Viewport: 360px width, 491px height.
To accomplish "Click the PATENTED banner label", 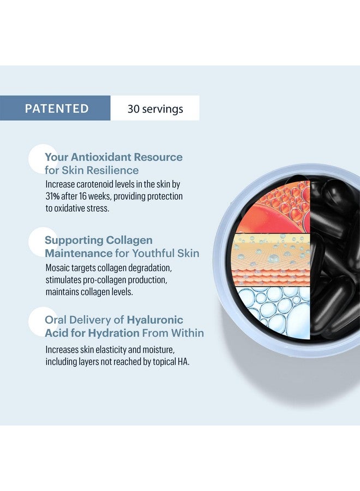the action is (57, 109).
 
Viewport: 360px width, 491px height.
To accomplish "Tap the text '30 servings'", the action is (155, 109).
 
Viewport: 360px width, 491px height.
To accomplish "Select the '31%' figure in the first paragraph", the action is (52, 196).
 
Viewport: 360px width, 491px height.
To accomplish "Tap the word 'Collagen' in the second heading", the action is (129, 240).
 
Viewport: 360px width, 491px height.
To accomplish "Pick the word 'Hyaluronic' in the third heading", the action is (155, 320).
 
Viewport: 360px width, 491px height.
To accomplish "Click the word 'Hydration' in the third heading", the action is (113, 333).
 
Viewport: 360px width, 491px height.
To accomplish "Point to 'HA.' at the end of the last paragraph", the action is (183, 362).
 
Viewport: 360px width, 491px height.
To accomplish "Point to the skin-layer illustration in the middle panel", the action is (273, 260).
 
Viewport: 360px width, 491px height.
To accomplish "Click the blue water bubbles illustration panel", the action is (274, 312).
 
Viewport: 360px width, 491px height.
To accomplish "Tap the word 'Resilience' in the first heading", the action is (113, 170).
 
